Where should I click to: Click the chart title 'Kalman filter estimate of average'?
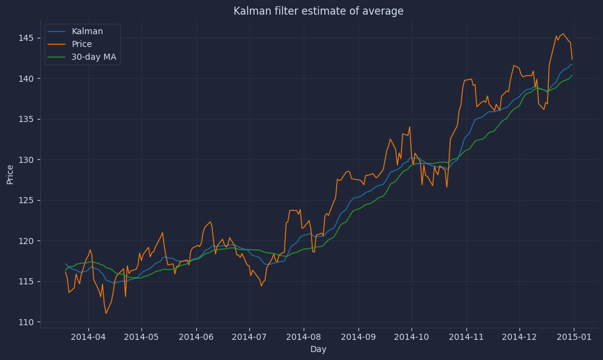[x=318, y=11]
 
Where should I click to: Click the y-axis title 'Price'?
[x=10, y=174]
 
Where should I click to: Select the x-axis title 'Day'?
[x=318, y=350]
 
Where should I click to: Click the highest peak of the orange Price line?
[x=563, y=34]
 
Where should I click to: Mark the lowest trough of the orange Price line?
[x=105, y=313]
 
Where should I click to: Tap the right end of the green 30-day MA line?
[x=572, y=75]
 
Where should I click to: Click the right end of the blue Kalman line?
[x=572, y=64]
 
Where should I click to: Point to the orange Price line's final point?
[x=572, y=59]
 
